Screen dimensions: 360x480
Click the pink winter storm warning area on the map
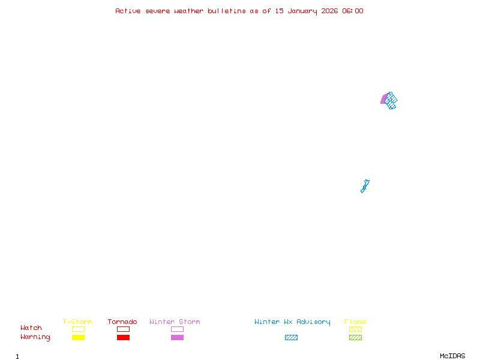tap(383, 99)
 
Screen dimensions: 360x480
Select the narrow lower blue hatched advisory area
tap(364, 187)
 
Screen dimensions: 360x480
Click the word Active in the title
tap(128, 11)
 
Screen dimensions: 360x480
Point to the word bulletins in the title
tap(227, 11)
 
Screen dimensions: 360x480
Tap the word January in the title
tap(301, 11)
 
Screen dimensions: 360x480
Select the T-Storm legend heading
tap(77, 322)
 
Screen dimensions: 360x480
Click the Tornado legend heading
tap(122, 322)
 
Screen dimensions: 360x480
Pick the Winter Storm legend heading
tap(175, 322)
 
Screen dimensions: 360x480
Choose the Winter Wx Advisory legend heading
tap(292, 322)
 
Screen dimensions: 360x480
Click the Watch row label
tap(31, 328)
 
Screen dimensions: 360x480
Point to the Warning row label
tap(35, 337)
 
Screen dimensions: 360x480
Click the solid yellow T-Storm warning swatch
tap(78, 338)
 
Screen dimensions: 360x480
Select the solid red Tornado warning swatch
tap(123, 338)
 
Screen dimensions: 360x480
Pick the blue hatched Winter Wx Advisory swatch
tap(291, 338)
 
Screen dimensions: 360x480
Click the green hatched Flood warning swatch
tap(355, 338)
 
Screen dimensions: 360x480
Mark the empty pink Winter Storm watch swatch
tap(177, 329)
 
